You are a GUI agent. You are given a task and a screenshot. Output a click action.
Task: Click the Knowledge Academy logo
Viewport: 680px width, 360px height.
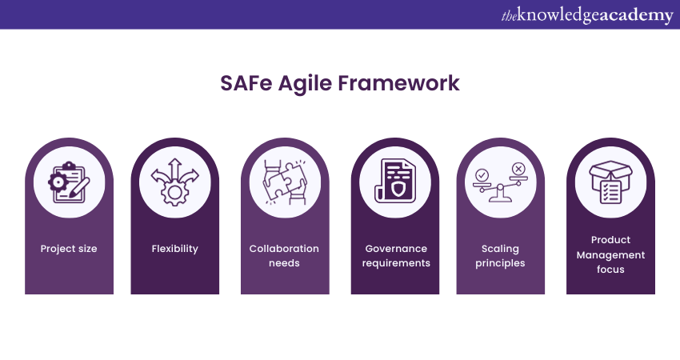click(x=587, y=15)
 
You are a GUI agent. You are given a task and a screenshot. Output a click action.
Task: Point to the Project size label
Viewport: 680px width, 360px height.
click(x=69, y=249)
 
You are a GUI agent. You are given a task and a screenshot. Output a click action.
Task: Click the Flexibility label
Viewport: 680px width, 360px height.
click(x=174, y=249)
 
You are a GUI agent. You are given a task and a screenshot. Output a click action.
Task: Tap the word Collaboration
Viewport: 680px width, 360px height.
click(x=284, y=249)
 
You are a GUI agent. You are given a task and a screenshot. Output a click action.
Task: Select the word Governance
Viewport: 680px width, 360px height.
click(x=396, y=249)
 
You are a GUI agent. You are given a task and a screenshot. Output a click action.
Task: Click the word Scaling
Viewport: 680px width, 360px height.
click(x=500, y=249)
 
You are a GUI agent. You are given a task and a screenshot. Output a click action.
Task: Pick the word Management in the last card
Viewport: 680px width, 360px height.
click(x=610, y=255)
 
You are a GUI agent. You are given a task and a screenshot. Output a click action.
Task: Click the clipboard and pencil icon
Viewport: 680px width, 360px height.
click(x=69, y=182)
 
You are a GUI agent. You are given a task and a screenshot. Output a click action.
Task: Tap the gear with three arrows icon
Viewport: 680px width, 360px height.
click(x=174, y=182)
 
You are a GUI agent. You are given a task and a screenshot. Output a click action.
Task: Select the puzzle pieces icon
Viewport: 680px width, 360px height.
click(x=285, y=182)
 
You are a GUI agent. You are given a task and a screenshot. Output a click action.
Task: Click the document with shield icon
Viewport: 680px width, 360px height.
click(x=395, y=182)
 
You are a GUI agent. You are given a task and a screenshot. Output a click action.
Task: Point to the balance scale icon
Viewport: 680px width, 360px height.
click(x=501, y=182)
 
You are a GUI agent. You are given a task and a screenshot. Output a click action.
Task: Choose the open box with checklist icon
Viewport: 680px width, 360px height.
click(x=610, y=182)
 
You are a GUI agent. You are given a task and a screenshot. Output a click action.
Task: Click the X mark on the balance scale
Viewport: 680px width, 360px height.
click(x=518, y=169)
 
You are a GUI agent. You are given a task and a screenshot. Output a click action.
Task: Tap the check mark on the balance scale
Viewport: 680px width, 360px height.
click(x=482, y=174)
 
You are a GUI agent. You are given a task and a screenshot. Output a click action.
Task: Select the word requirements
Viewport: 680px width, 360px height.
click(x=396, y=263)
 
